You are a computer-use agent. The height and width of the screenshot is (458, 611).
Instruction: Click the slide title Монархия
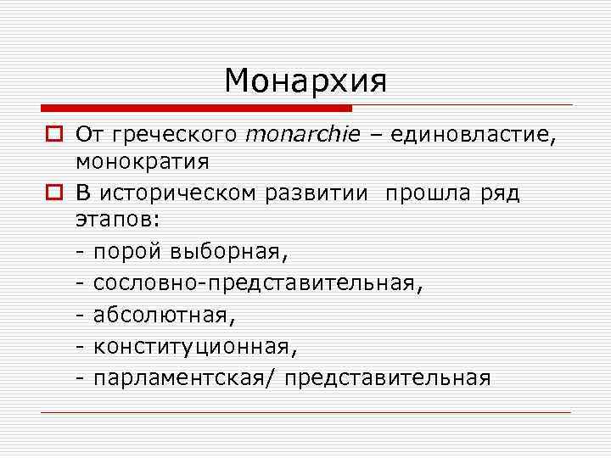point(305,81)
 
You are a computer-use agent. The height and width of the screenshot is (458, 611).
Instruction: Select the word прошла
point(424,194)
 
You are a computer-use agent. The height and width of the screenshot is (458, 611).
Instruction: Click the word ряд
point(498,194)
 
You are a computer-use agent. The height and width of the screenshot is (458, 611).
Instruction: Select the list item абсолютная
point(161,315)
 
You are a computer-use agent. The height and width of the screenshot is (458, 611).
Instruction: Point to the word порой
point(129,252)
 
